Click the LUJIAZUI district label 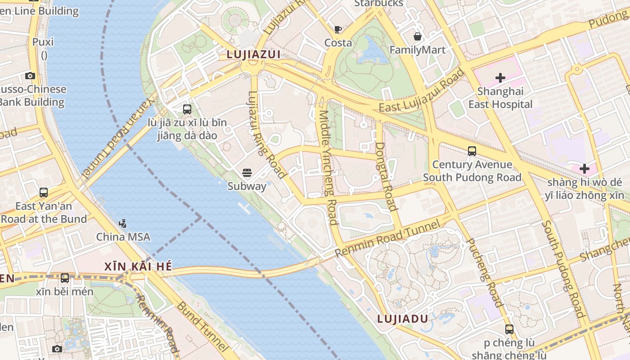tap(253, 55)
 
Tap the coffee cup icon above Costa tap(338, 30)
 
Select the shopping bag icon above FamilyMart tap(418, 36)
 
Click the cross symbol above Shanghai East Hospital tap(500, 78)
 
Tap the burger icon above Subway tap(247, 172)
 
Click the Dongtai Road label tap(386, 176)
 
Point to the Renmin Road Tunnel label tap(387, 238)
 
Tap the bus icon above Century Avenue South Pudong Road tap(472, 151)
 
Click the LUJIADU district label tap(402, 319)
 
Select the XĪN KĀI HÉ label tap(138, 266)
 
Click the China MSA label tap(123, 237)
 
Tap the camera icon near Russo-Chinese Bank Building tap(30, 76)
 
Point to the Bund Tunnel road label tap(202, 327)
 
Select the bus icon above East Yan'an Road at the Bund tap(44, 193)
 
